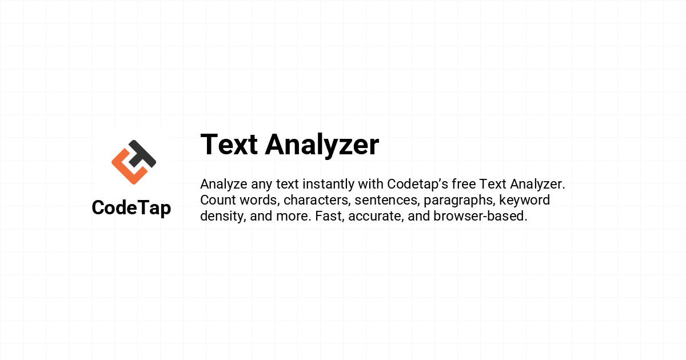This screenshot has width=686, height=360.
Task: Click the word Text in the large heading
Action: pyautogui.click(x=229, y=145)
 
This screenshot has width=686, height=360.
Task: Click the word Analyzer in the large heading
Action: pyautogui.click(x=322, y=146)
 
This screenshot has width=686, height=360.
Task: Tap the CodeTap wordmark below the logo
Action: pyautogui.click(x=131, y=208)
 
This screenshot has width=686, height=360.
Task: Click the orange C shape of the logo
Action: pyautogui.click(x=127, y=167)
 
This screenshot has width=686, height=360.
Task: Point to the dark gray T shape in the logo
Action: pyautogui.click(x=142, y=154)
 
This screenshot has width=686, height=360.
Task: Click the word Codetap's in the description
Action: pyautogui.click(x=417, y=185)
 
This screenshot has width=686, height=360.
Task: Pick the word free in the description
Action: pyautogui.click(x=464, y=184)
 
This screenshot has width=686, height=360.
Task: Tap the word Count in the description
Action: pyautogui.click(x=218, y=200)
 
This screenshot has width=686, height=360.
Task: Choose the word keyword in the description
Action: pyautogui.click(x=525, y=201)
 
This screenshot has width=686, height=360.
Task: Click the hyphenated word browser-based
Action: pyautogui.click(x=480, y=216)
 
